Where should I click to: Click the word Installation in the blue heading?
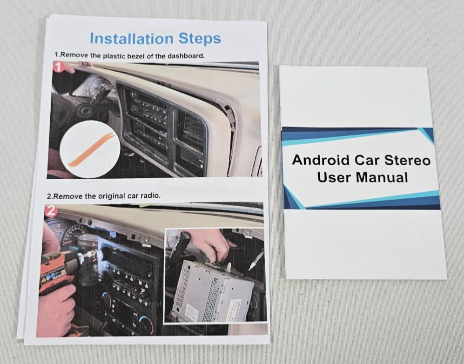point(132,39)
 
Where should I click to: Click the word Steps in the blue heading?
point(200,39)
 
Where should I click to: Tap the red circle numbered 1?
point(59,67)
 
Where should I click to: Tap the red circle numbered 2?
point(51,211)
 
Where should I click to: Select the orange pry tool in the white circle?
point(92,149)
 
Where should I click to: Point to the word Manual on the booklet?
point(382,177)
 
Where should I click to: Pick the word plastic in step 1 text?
point(114,56)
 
